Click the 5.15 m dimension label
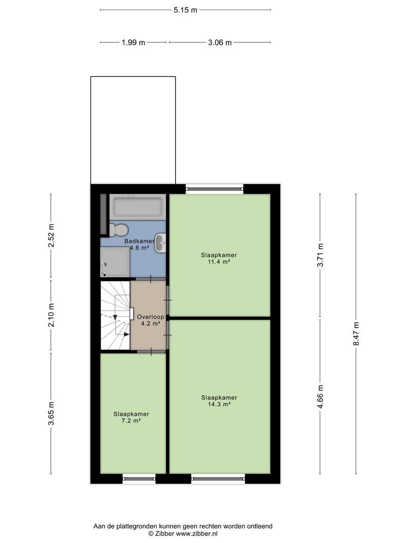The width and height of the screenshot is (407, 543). pyautogui.click(x=185, y=10)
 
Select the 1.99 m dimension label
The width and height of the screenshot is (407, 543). pyautogui.click(x=133, y=43)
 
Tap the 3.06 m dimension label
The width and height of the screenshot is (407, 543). pyautogui.click(x=220, y=43)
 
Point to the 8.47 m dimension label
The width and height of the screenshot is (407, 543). pyautogui.click(x=356, y=333)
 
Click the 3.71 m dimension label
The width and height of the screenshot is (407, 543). pyautogui.click(x=320, y=255)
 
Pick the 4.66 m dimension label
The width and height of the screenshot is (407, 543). pyautogui.click(x=320, y=397)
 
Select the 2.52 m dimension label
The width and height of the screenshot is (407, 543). pyautogui.click(x=51, y=235)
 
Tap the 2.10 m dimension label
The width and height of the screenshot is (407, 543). pyautogui.click(x=51, y=315)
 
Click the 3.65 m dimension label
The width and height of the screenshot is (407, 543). pyautogui.click(x=51, y=413)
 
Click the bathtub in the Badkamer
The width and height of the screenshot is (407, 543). pyautogui.click(x=138, y=207)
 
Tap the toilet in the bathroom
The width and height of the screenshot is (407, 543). pyautogui.click(x=119, y=230)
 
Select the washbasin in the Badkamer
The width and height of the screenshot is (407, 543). pyautogui.click(x=160, y=243)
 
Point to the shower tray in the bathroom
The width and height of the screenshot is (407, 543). pyautogui.click(x=115, y=262)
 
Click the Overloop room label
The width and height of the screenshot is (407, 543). pyautogui.click(x=151, y=317)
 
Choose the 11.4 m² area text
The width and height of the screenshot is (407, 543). pyautogui.click(x=219, y=262)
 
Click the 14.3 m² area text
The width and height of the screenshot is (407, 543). pyautogui.click(x=219, y=404)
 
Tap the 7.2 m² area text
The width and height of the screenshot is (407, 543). pyautogui.click(x=131, y=421)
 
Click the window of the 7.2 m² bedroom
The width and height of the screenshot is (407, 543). pyautogui.click(x=139, y=479)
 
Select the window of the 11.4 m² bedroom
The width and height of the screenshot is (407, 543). pyautogui.click(x=215, y=189)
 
